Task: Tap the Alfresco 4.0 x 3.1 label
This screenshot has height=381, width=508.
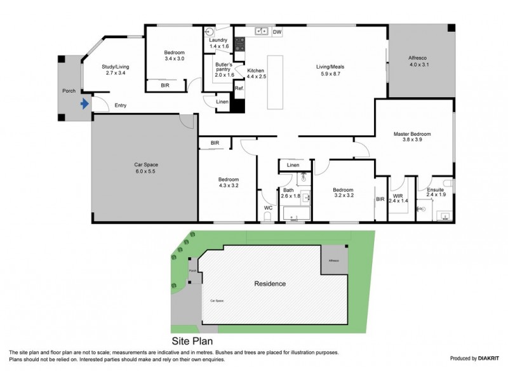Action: coord(420,61)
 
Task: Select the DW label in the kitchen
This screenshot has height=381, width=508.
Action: coord(277,31)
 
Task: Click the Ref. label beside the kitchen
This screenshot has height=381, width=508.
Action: coord(239,89)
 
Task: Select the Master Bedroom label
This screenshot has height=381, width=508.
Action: coord(413,138)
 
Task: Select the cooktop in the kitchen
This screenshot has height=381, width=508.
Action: coord(240,44)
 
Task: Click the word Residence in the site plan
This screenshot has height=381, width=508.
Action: coord(270,284)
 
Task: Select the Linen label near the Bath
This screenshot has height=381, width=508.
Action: coord(293,165)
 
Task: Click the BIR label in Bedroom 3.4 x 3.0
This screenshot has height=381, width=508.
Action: coord(164,84)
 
